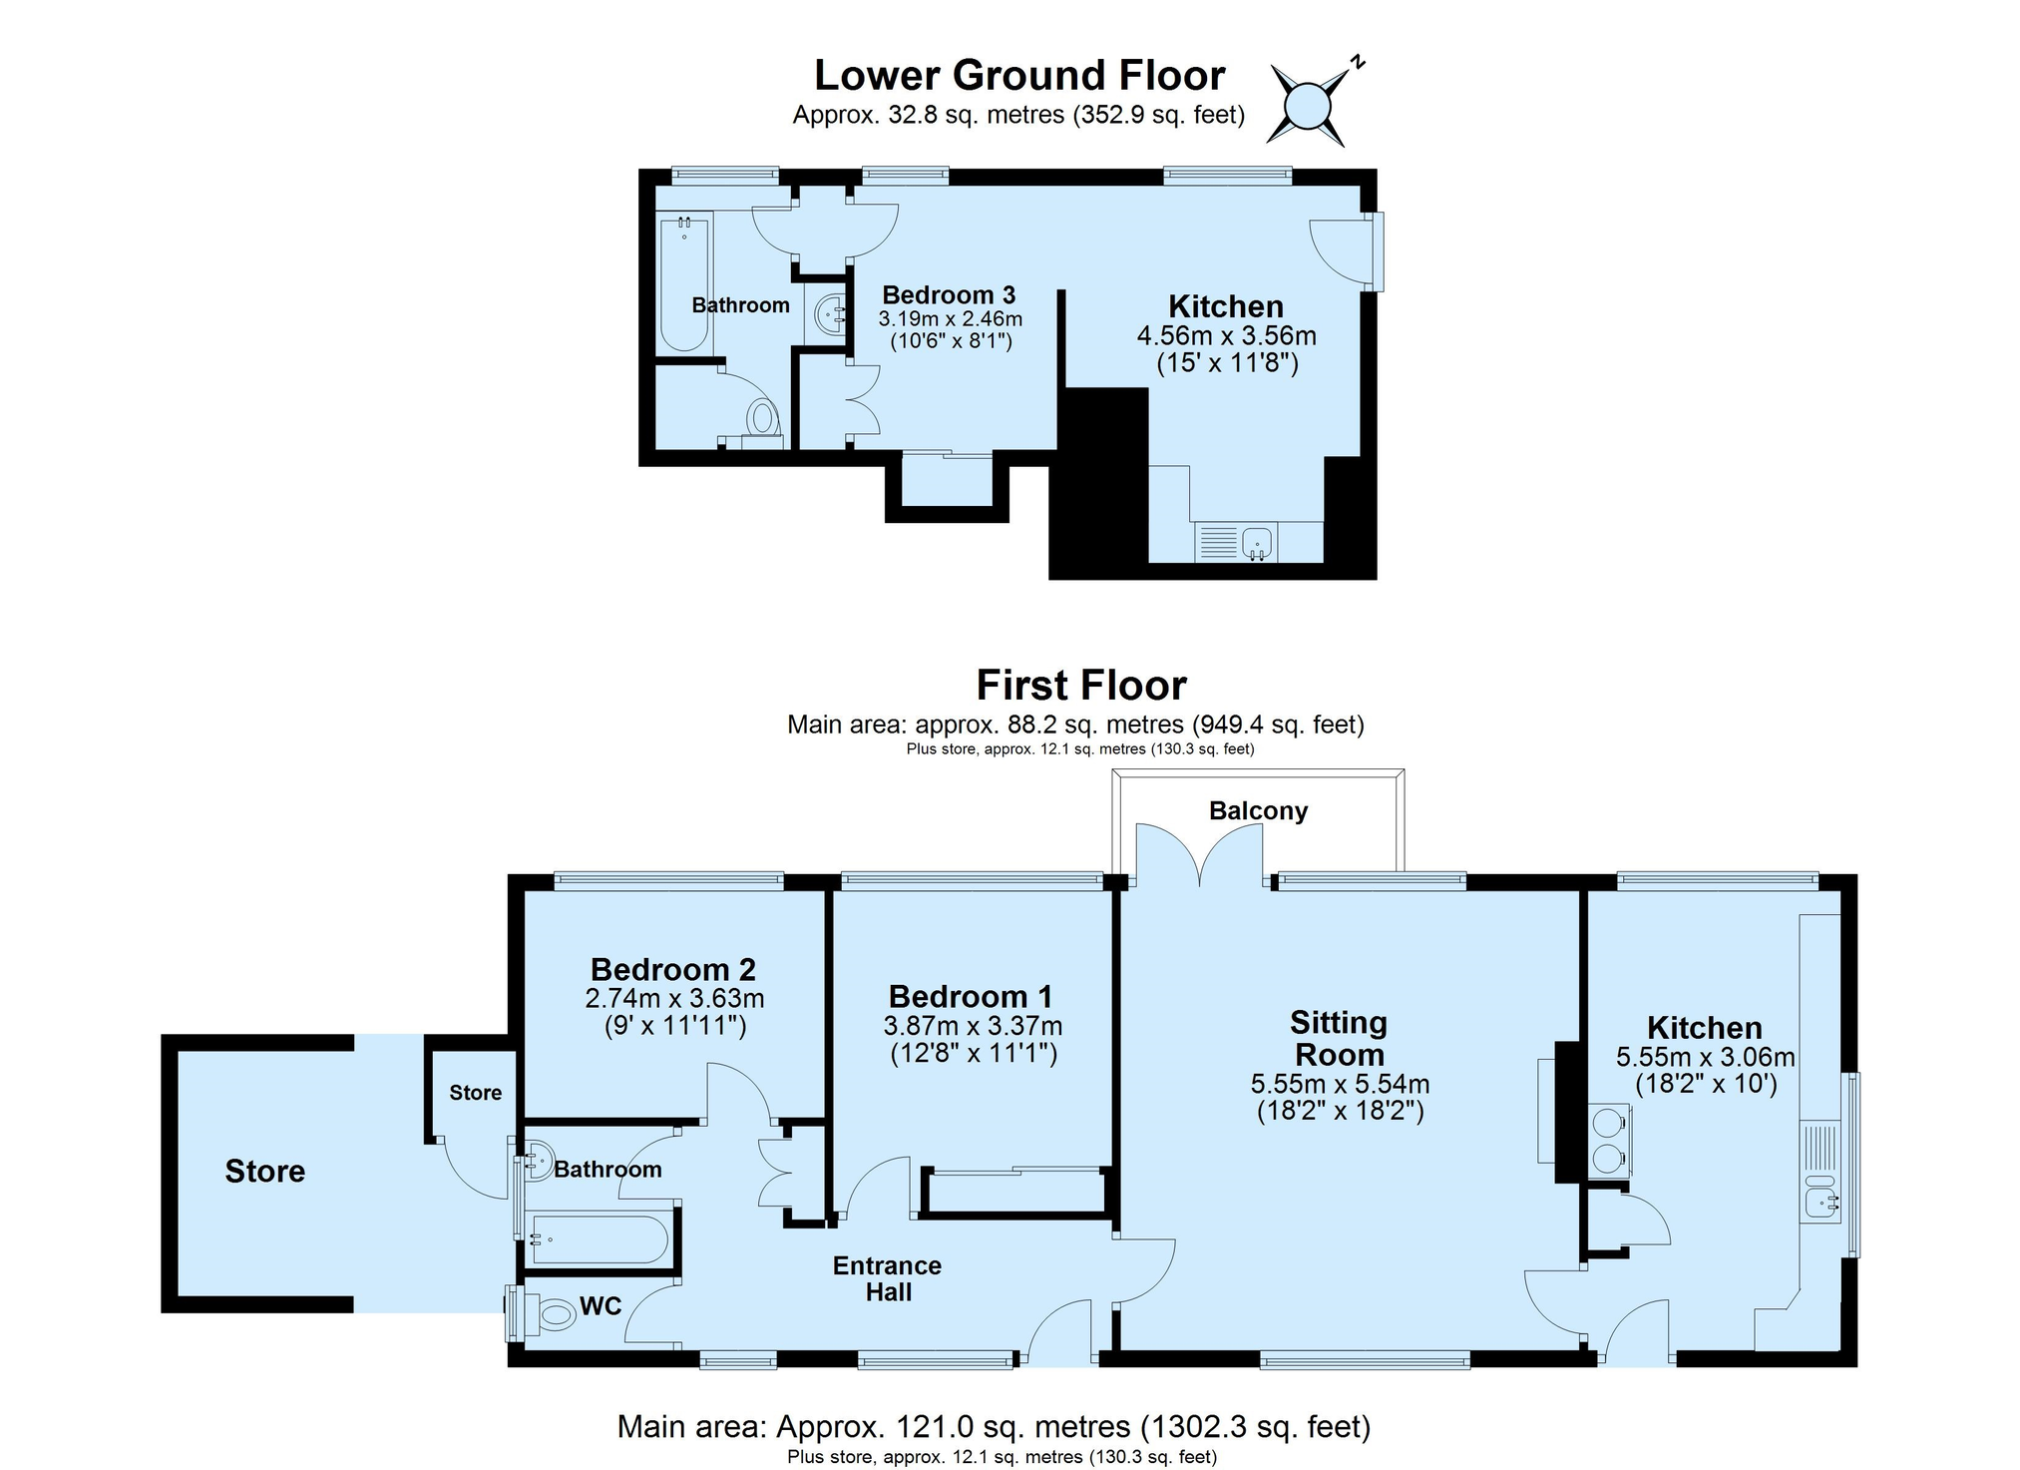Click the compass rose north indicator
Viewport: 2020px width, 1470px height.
(x=1357, y=62)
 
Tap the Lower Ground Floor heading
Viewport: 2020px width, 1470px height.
(x=1019, y=76)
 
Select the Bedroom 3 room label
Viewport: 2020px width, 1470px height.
(x=949, y=295)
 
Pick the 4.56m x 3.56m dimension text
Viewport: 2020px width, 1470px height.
(x=1227, y=336)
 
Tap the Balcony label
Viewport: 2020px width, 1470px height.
(x=1258, y=810)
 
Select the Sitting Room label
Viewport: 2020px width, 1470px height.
(x=1339, y=1039)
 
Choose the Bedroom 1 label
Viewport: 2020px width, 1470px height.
(x=971, y=997)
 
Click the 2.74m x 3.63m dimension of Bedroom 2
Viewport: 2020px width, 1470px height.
(x=674, y=998)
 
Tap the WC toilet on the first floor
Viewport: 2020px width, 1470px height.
(x=553, y=1314)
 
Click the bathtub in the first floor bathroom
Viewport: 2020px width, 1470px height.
(x=600, y=1240)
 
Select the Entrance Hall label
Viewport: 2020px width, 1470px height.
(x=888, y=1279)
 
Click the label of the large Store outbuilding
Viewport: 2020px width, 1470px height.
(x=264, y=1172)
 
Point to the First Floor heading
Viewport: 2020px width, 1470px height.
(x=1081, y=686)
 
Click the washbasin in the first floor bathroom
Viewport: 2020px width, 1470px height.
(x=536, y=1161)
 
